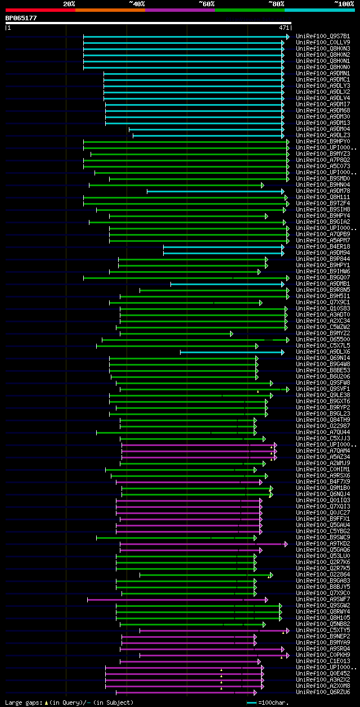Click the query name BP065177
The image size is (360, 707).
point(21,18)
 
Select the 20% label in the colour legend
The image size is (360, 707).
point(69,4)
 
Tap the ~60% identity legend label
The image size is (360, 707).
point(206,4)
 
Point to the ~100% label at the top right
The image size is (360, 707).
point(344,4)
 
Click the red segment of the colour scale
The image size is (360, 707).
point(40,10)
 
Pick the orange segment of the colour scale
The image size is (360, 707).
point(110,10)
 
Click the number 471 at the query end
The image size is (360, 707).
point(284,27)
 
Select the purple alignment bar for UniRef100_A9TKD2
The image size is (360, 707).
point(202,544)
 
